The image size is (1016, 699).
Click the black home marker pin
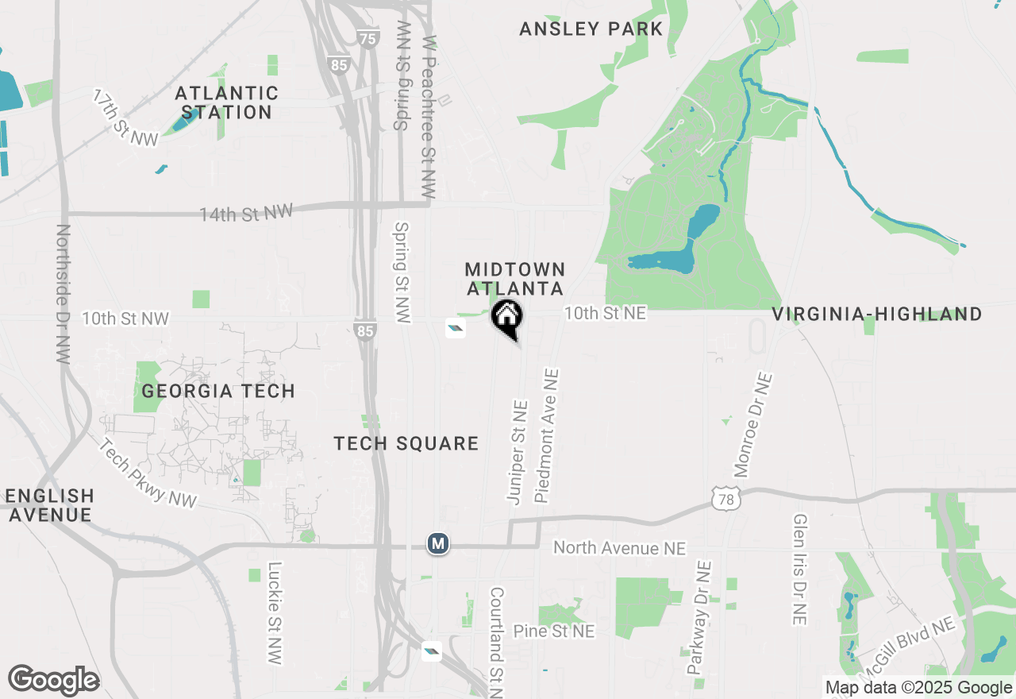pyautogui.click(x=507, y=319)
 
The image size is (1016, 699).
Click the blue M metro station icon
pyautogui.click(x=437, y=544)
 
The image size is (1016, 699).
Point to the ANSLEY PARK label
pyautogui.click(x=591, y=29)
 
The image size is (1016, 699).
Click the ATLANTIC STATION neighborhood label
pyautogui.click(x=227, y=103)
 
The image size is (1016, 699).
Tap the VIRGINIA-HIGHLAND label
pyautogui.click(x=877, y=315)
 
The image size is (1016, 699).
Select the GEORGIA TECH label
pyautogui.click(x=218, y=391)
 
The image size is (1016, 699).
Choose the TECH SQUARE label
pyautogui.click(x=406, y=443)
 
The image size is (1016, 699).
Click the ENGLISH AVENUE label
pyautogui.click(x=49, y=505)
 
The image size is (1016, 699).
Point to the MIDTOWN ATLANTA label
pyautogui.click(x=515, y=280)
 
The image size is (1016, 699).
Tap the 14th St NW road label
pyautogui.click(x=246, y=213)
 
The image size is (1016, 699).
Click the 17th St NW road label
pyautogui.click(x=125, y=118)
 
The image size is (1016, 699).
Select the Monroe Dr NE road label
pyautogui.click(x=752, y=425)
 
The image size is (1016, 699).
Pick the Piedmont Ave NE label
pyautogui.click(x=548, y=434)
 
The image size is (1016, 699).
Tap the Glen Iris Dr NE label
pyautogui.click(x=800, y=569)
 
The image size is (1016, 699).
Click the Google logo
pyautogui.click(x=53, y=680)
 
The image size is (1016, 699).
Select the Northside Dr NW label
pyautogui.click(x=63, y=294)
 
